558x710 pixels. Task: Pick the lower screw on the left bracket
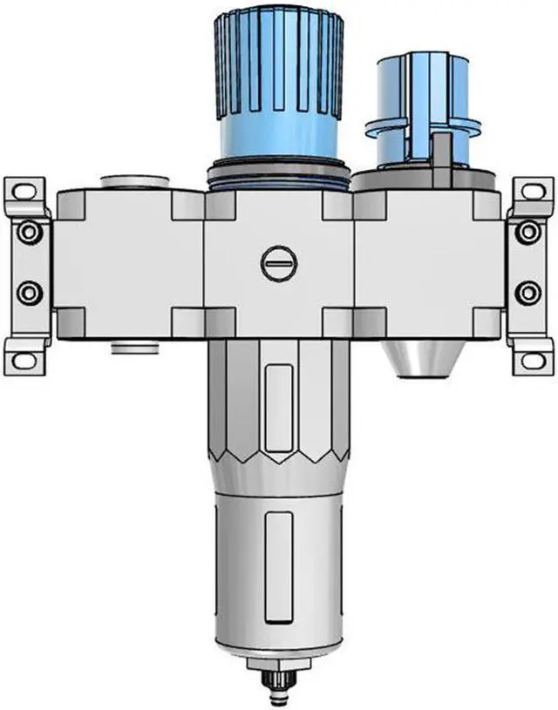click(30, 292)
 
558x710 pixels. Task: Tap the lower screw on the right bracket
click(527, 292)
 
